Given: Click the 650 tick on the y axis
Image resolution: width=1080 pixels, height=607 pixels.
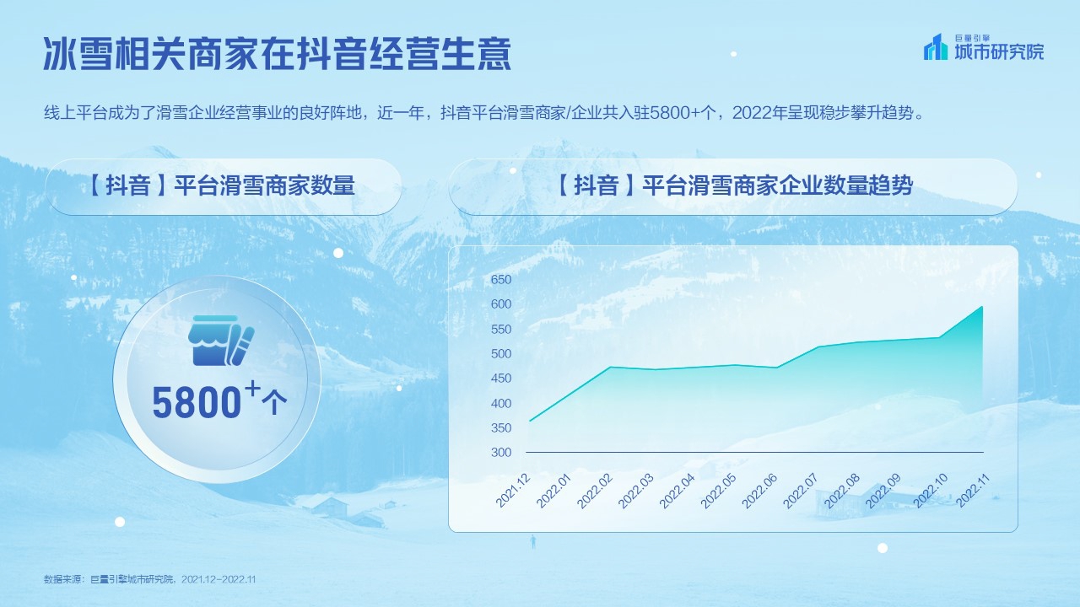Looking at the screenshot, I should click(x=501, y=279).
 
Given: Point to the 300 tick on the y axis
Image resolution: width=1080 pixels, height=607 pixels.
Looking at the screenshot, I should click(x=501, y=453).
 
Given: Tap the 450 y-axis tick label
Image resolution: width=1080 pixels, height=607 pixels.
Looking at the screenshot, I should click(x=501, y=379).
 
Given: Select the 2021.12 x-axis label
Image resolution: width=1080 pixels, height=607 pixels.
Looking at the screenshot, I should click(x=513, y=491).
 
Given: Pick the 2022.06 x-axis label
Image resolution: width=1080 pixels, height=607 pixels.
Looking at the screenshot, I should click(x=759, y=491).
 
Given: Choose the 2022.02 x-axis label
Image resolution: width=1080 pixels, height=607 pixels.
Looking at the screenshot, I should click(x=595, y=491).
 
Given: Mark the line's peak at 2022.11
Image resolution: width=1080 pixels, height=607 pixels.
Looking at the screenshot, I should click(x=982, y=306).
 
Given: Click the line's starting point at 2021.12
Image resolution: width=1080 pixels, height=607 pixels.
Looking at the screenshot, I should click(x=529, y=421).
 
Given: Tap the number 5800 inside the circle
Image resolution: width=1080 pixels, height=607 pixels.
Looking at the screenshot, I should click(x=197, y=404).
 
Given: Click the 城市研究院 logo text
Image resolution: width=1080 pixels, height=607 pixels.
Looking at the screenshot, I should click(x=999, y=52).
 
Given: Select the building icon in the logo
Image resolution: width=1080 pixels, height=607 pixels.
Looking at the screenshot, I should click(x=936, y=47).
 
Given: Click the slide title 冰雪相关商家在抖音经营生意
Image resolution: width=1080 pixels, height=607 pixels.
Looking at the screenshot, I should click(x=278, y=54).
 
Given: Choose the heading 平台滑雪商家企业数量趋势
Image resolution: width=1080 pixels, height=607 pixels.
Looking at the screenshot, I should click(x=733, y=186).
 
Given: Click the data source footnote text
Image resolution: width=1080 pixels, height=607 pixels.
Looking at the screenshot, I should click(x=149, y=579).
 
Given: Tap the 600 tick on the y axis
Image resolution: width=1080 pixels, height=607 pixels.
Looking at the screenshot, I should click(x=501, y=304).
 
